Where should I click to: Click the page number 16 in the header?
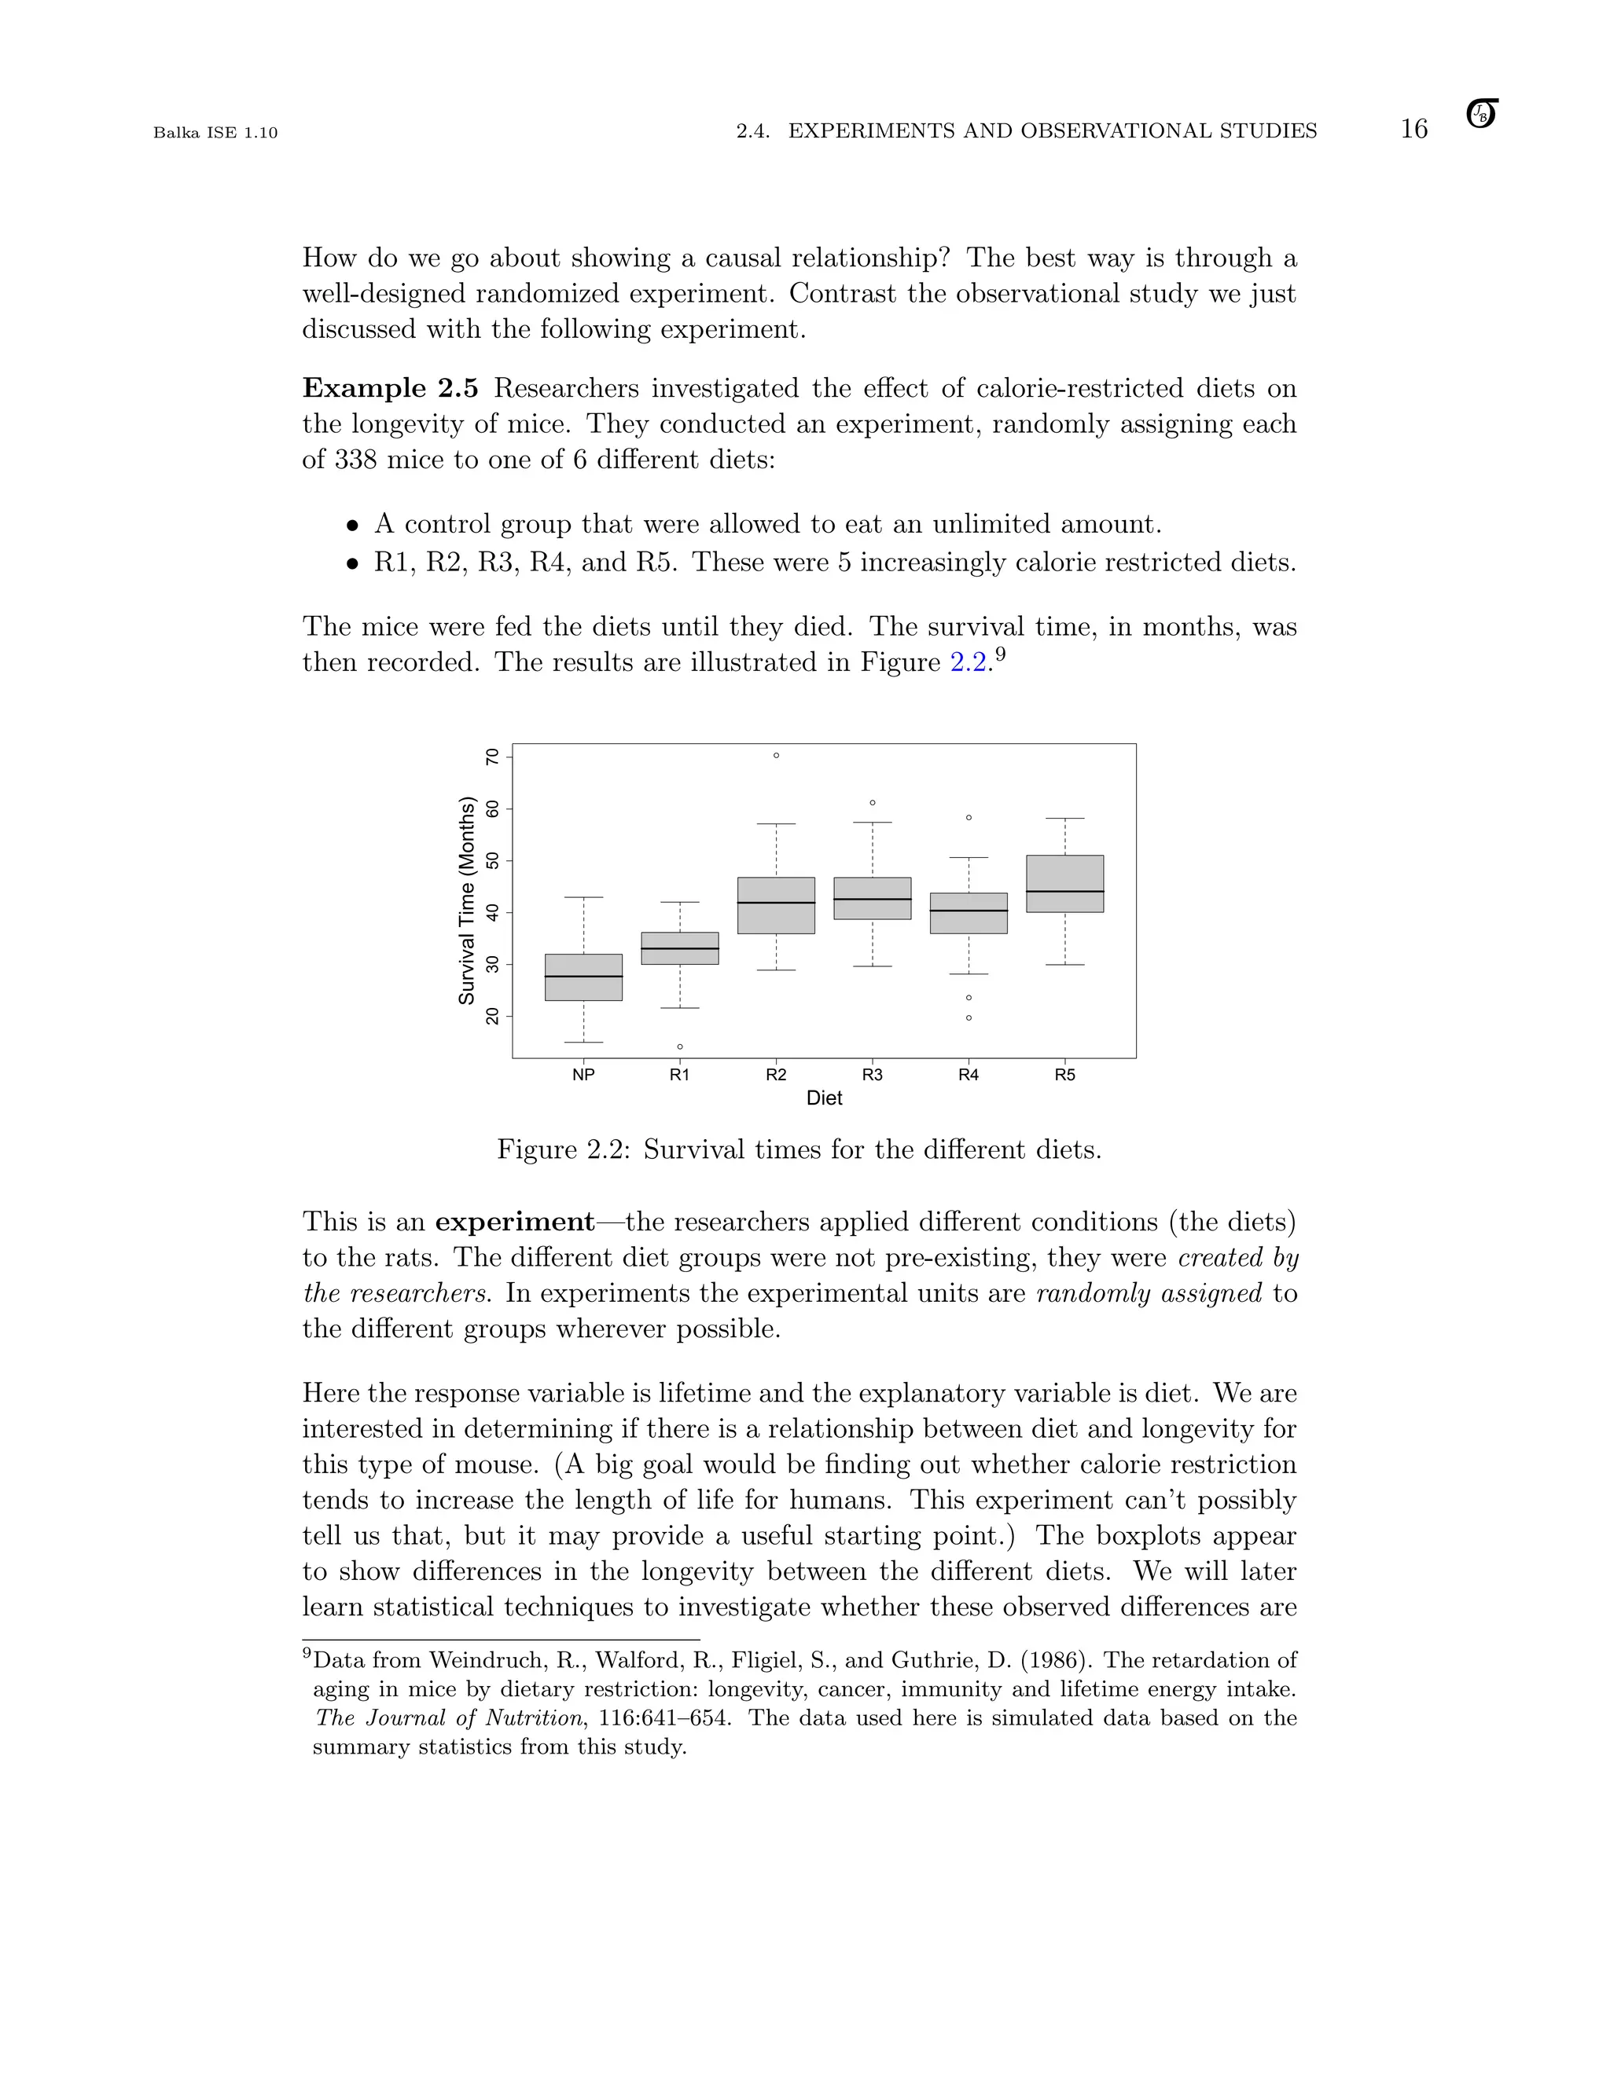[x=1413, y=130]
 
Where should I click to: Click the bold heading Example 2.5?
[x=390, y=388]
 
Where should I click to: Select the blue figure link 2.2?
[x=968, y=662]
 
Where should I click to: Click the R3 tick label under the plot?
[x=872, y=1074]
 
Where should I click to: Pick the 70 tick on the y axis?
[x=492, y=757]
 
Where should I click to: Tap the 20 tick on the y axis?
[x=492, y=1016]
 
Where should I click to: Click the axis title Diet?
[x=824, y=1098]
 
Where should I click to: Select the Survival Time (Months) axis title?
[x=466, y=900]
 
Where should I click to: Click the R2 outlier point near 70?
[x=777, y=755]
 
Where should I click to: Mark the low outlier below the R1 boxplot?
[x=680, y=1046]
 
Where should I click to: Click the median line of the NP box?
[x=584, y=976]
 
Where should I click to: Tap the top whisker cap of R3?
[x=872, y=822]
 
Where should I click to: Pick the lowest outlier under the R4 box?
[x=969, y=1018]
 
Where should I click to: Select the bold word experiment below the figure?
[x=515, y=1222]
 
